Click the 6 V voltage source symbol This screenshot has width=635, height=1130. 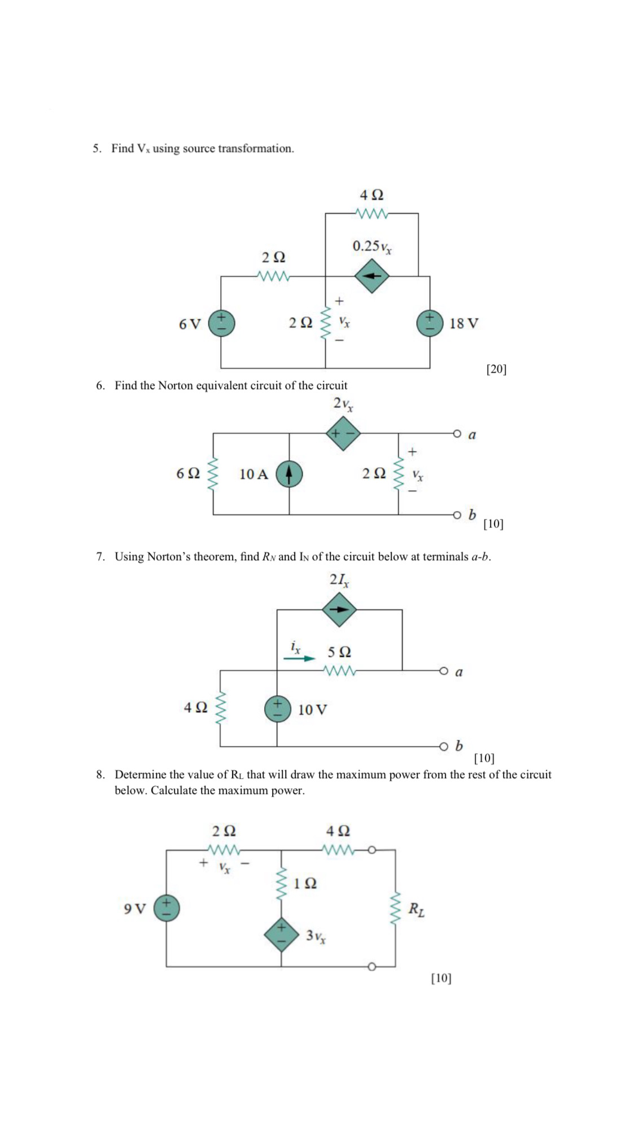(x=221, y=324)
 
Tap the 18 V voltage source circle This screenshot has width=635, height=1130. (x=430, y=323)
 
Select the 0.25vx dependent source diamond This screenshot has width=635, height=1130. (x=371, y=276)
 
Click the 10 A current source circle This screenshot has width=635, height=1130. (x=289, y=474)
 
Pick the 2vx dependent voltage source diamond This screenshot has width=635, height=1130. (x=343, y=433)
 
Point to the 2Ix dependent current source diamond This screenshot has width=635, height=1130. (x=339, y=609)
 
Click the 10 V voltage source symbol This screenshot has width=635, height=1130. (x=277, y=709)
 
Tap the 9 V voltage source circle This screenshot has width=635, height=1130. (x=167, y=908)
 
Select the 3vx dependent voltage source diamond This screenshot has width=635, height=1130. (x=281, y=935)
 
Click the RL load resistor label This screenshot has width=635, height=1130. (x=417, y=909)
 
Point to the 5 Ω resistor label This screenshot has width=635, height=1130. (x=339, y=652)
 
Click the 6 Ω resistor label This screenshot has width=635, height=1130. (x=188, y=473)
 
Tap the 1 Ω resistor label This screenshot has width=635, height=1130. (x=305, y=883)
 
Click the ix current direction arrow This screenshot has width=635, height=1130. (x=300, y=658)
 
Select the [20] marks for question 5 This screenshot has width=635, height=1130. (x=496, y=369)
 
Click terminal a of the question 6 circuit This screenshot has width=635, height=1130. (x=457, y=433)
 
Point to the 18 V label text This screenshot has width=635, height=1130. (x=464, y=324)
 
